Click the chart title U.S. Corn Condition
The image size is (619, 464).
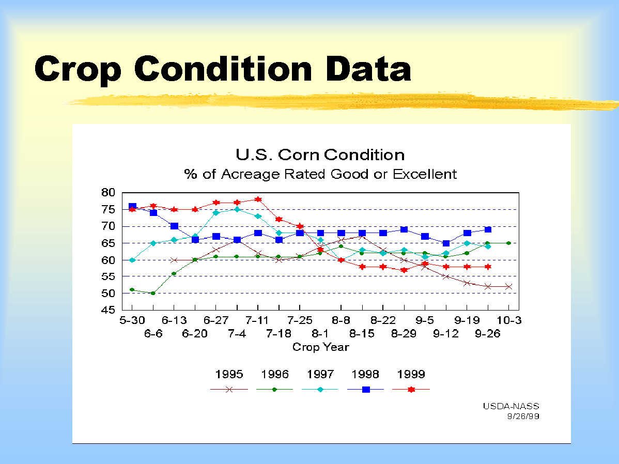(320, 154)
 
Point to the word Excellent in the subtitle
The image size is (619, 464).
(425, 174)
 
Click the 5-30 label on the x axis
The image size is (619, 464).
(132, 320)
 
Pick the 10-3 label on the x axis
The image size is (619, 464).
(509, 320)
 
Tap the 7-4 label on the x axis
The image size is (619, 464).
(237, 334)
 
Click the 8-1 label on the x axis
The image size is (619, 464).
(320, 334)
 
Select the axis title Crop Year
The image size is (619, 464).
(320, 347)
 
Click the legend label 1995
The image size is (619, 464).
(229, 374)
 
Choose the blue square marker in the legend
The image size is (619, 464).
(366, 389)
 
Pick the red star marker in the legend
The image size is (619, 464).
(411, 389)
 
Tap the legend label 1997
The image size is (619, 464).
(320, 374)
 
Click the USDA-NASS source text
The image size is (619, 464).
(511, 406)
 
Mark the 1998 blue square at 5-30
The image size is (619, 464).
(132, 207)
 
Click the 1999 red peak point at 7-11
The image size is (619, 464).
(258, 199)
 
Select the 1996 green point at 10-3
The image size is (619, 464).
(509, 243)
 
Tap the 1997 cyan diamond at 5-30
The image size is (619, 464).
(132, 260)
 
